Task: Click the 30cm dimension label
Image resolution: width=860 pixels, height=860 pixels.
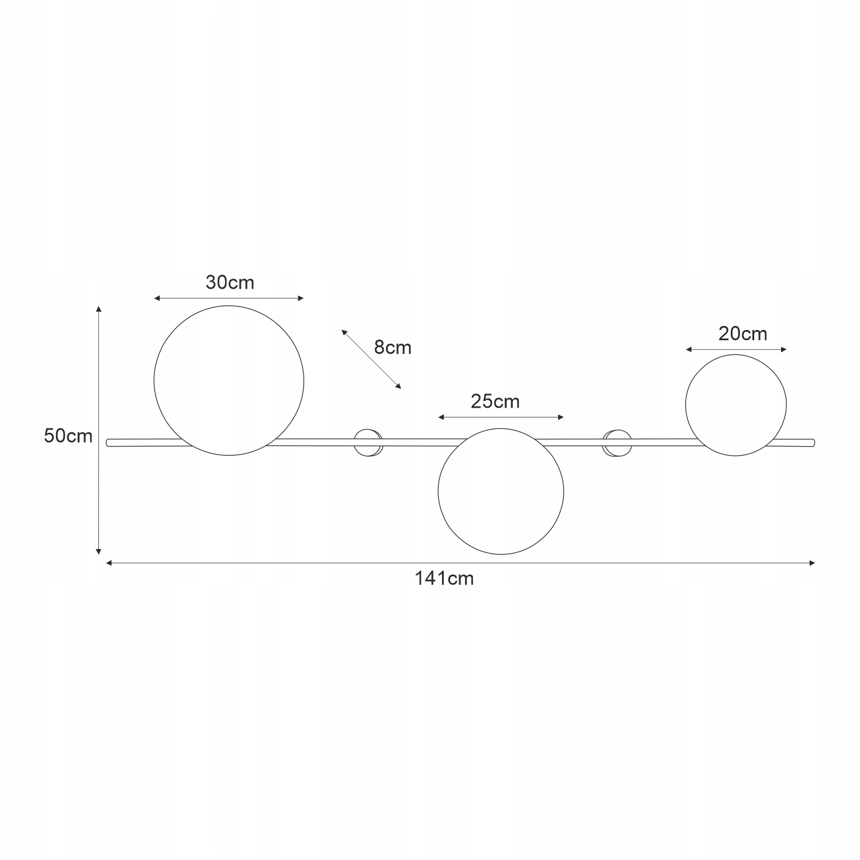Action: tap(230, 282)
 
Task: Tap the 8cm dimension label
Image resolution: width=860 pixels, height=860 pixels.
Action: tap(393, 348)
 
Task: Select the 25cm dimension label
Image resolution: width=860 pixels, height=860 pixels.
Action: tap(495, 401)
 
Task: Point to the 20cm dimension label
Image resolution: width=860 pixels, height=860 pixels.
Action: tap(743, 333)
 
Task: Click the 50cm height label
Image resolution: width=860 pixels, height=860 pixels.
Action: tap(68, 436)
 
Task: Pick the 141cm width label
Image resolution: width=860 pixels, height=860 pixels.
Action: tap(444, 579)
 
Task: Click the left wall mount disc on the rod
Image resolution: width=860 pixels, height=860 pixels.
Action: tap(368, 442)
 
